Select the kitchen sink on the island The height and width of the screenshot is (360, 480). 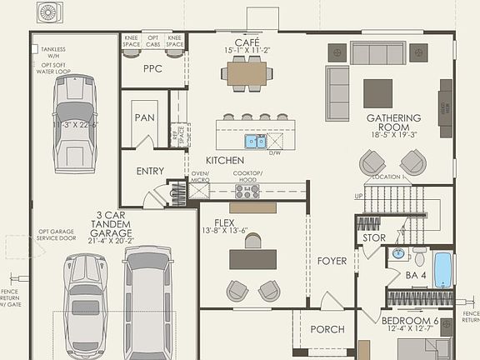(255, 141)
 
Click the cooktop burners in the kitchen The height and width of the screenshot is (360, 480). (247, 191)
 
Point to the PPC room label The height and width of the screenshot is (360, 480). (152, 69)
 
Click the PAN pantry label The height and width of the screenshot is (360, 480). (144, 117)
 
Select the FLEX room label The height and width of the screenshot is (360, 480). (224, 223)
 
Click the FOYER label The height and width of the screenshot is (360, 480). (332, 261)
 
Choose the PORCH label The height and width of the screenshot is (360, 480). (327, 329)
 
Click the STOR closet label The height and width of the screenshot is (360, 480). (374, 238)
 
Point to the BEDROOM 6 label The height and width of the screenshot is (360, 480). (410, 321)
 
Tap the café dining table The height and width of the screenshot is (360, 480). (247, 74)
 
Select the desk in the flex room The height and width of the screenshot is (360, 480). (253, 259)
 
